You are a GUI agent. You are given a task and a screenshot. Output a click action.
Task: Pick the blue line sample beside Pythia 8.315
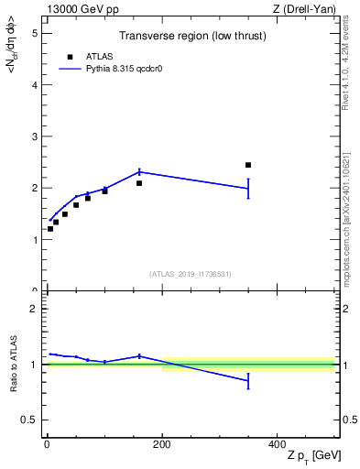71,69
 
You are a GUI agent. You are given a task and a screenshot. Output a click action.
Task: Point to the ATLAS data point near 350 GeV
248,165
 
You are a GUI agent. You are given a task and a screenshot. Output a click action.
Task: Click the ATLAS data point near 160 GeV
139,183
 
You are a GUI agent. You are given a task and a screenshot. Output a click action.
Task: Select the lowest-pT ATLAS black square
50,228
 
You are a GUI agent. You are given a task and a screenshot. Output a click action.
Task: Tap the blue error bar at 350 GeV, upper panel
248,189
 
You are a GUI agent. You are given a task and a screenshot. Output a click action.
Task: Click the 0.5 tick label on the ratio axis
29,420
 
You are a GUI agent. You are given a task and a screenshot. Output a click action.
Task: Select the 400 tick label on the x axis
278,443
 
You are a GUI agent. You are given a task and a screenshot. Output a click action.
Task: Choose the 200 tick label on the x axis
162,443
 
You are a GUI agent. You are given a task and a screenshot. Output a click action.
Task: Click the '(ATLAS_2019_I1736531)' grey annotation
191,274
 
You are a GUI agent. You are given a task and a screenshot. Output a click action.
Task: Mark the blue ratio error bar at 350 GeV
248,382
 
